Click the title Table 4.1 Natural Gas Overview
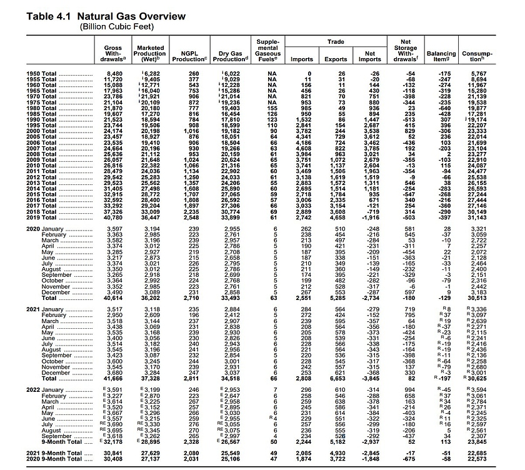pos(106,16)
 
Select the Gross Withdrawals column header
pos(114,54)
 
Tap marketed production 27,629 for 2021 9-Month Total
pos(150,452)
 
